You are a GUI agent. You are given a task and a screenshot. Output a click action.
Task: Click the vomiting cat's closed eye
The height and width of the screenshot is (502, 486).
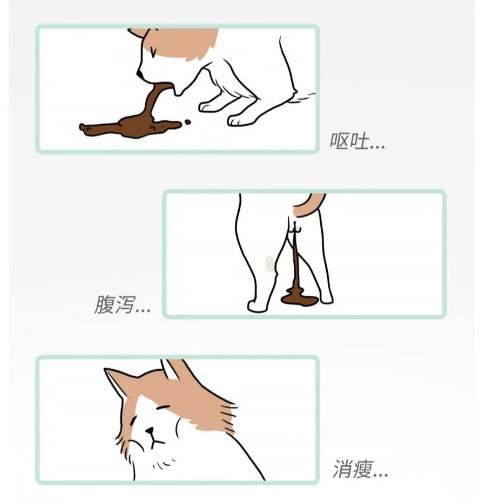pos(154,52)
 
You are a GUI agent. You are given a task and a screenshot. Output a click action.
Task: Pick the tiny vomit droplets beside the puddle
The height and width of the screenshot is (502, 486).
pos(187,122)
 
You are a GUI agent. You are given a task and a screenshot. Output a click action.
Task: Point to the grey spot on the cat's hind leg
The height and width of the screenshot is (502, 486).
pos(269,263)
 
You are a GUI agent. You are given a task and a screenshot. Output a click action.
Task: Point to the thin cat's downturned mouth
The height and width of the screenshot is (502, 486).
pos(154,442)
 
